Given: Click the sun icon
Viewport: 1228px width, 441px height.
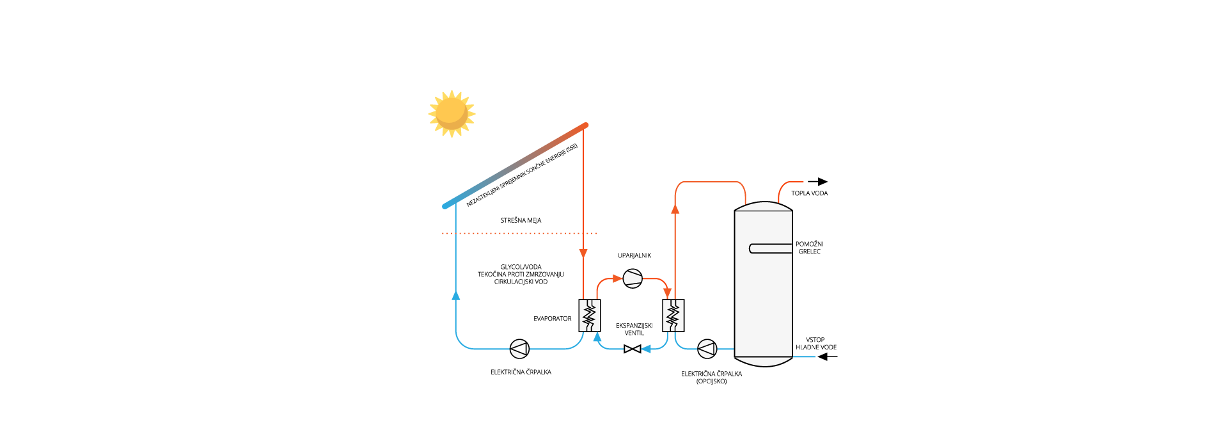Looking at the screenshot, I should (x=452, y=114).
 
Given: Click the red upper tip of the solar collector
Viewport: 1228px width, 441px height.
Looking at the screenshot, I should (x=585, y=125).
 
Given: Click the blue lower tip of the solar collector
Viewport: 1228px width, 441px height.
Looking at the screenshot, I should (x=446, y=205).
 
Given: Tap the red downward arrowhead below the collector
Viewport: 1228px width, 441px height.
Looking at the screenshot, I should (x=583, y=254).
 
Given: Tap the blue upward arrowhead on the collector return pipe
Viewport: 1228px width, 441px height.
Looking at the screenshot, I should (x=456, y=295).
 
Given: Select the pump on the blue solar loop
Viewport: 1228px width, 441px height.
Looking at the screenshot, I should (x=519, y=349).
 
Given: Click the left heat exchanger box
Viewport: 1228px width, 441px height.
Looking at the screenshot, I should (x=589, y=315).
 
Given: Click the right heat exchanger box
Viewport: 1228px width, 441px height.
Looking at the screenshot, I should (x=673, y=315).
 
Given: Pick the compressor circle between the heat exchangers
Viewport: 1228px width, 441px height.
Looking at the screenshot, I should (x=633, y=278).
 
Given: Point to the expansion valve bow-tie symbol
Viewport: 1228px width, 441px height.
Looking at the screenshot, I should (x=632, y=349).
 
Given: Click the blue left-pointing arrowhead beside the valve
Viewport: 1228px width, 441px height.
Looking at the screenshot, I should (x=646, y=349).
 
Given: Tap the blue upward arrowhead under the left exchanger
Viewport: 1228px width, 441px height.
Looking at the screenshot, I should (x=597, y=337).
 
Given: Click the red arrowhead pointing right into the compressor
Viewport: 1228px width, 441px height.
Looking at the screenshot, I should (x=617, y=278).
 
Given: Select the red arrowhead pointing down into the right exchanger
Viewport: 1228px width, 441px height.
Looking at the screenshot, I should (x=668, y=293).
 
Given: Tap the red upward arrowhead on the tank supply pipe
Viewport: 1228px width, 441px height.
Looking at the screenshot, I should (x=675, y=209).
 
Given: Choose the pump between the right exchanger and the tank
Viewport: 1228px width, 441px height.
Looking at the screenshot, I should (x=707, y=349).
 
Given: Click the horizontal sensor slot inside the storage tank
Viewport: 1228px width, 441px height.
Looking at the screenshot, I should (x=770, y=248).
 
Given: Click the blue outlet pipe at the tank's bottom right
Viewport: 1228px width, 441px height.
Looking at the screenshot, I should (x=804, y=357).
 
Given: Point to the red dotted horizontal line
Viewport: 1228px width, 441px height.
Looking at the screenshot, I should (x=519, y=233).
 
